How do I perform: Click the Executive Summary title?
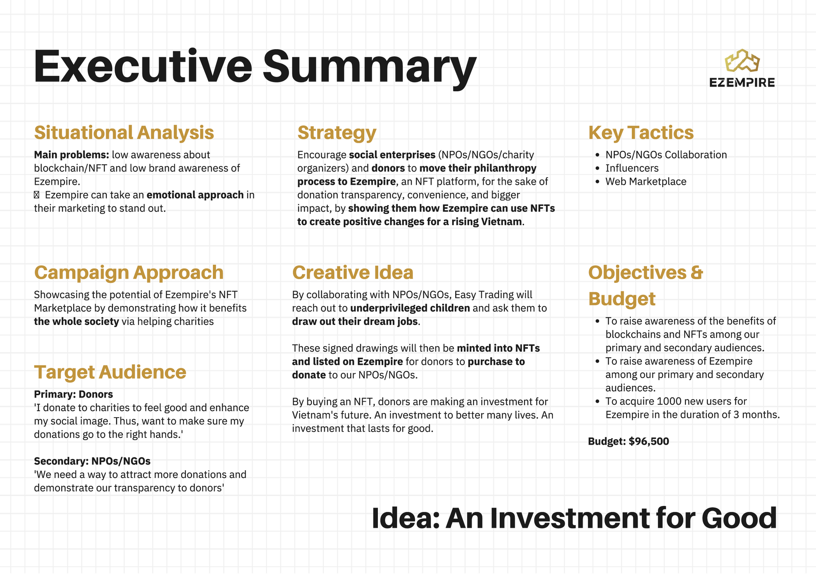click(x=255, y=67)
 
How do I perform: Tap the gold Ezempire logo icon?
click(x=742, y=60)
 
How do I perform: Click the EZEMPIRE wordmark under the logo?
click(x=742, y=82)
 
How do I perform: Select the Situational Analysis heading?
click(x=124, y=133)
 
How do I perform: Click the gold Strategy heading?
click(x=337, y=133)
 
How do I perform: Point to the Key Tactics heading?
click(x=641, y=133)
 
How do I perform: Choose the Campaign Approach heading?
click(x=129, y=273)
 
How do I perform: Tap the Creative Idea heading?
click(x=353, y=273)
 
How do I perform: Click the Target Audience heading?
click(x=110, y=373)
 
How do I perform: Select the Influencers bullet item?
click(x=632, y=168)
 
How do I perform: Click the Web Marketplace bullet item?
click(x=646, y=181)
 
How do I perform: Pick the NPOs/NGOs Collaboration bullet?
click(x=666, y=155)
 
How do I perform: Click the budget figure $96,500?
click(x=649, y=441)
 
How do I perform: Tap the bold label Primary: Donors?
click(x=74, y=394)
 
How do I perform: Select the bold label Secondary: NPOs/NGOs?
click(x=92, y=461)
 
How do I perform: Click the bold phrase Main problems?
click(x=71, y=155)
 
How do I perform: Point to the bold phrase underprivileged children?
click(x=410, y=308)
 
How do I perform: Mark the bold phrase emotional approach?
click(x=195, y=195)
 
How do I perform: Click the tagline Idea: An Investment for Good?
click(x=574, y=518)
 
